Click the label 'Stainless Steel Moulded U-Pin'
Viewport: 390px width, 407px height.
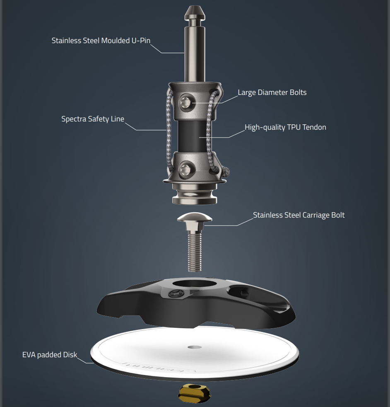point(101,41)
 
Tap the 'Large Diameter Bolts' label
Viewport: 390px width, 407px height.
point(272,93)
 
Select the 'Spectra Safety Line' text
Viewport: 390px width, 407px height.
point(93,119)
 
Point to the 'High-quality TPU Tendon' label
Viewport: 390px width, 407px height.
point(286,128)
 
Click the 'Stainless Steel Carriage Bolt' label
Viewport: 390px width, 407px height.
point(299,215)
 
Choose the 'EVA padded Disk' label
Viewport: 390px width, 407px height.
point(50,355)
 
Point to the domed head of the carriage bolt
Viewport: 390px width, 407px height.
point(195,217)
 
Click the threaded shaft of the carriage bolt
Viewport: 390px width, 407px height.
point(195,252)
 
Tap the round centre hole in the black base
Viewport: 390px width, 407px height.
point(195,283)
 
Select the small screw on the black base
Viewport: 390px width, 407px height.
point(176,294)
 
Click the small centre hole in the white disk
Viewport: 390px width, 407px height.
point(195,347)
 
